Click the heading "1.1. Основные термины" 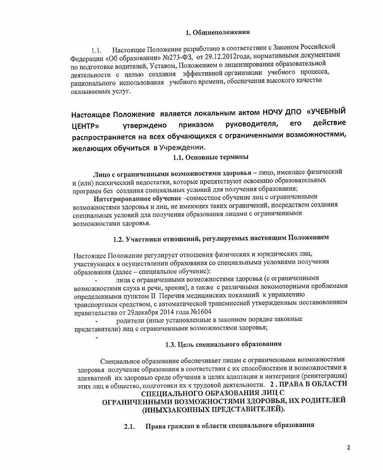click(210, 158)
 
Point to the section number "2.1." click(129, 426)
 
